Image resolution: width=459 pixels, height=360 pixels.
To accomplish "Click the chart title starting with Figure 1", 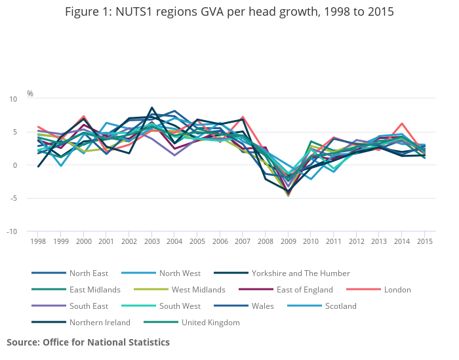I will tap(229, 12).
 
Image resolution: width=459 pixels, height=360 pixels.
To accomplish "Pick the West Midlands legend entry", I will tap(197, 289).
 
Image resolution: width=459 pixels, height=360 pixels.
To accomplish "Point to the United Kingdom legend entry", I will tap(210, 322).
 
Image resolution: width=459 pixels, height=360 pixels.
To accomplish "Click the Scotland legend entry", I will tap(341, 306).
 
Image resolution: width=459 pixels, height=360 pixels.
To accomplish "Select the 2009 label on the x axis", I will tap(288, 241).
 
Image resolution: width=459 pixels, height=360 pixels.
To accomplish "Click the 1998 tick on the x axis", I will tap(38, 241).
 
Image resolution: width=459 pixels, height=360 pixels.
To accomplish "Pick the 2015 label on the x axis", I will tap(424, 241).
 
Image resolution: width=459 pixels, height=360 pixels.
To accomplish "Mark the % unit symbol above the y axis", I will tap(30, 94).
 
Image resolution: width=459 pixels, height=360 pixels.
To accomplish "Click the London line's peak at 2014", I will tap(402, 123).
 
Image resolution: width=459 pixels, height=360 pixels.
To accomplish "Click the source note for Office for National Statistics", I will tap(88, 342).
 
